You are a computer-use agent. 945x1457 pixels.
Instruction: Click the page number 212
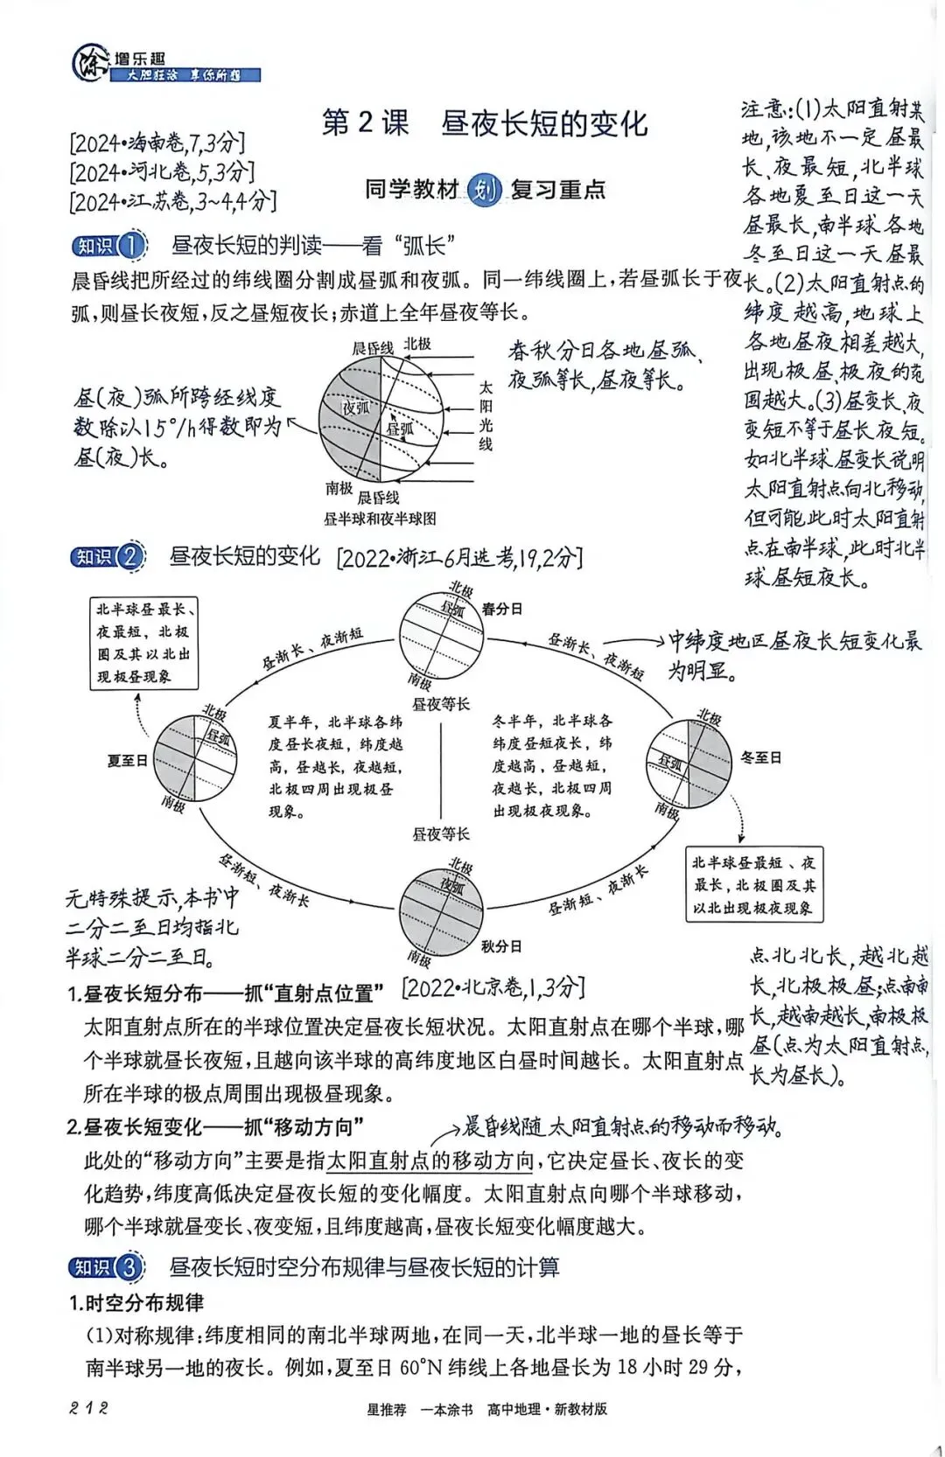tap(88, 1408)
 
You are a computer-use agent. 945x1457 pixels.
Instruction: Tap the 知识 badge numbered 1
tap(109, 246)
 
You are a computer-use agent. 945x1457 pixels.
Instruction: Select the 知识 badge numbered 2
tap(108, 556)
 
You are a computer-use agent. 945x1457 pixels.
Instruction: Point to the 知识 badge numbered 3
tap(107, 1267)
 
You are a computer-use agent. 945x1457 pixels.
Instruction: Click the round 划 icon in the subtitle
tap(484, 189)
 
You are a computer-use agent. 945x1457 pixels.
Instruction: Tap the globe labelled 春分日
tap(441, 635)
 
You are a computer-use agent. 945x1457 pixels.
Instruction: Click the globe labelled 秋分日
tap(441, 910)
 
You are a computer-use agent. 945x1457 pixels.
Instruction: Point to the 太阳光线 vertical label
tap(486, 415)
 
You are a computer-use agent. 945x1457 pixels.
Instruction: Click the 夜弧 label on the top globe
tap(355, 408)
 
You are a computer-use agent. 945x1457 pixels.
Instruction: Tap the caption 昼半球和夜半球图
tap(380, 519)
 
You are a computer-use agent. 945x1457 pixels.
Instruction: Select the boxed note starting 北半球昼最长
tap(145, 643)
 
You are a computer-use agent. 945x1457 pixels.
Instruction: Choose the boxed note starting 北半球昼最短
tap(752, 885)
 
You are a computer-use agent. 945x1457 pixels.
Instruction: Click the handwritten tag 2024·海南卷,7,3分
tap(157, 143)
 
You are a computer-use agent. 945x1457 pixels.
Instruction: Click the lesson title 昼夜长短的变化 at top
tap(544, 123)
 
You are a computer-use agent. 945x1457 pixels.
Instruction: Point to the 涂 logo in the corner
tap(90, 64)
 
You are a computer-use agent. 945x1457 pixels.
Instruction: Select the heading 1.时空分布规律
tap(136, 1303)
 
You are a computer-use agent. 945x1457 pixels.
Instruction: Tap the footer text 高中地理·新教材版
tap(547, 1409)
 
